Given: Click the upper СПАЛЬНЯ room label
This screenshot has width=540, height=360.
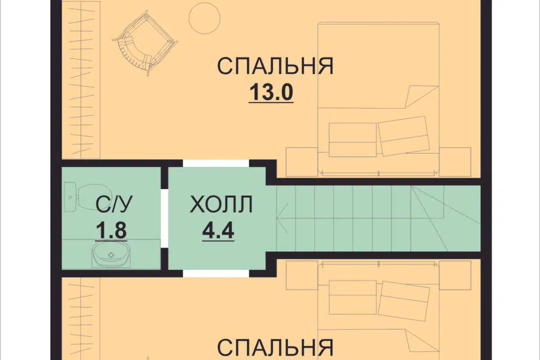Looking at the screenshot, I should [275, 66].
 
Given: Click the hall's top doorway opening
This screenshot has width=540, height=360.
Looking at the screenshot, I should [216, 163].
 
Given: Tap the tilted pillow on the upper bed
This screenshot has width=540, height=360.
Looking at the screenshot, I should [402, 135].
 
